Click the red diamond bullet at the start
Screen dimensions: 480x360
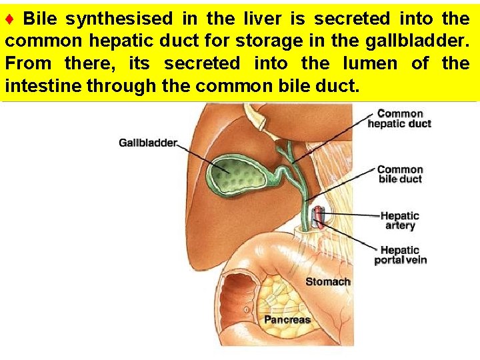click(x=10, y=19)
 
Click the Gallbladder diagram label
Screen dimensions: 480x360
click(x=148, y=142)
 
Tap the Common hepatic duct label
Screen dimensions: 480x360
click(x=399, y=119)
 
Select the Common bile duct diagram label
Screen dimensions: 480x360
click(x=400, y=174)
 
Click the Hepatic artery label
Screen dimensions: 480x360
click(x=399, y=221)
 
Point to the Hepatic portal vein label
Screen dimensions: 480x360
click(x=400, y=255)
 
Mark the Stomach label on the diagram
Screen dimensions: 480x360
click(x=327, y=282)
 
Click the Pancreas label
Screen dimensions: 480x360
click(x=287, y=320)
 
